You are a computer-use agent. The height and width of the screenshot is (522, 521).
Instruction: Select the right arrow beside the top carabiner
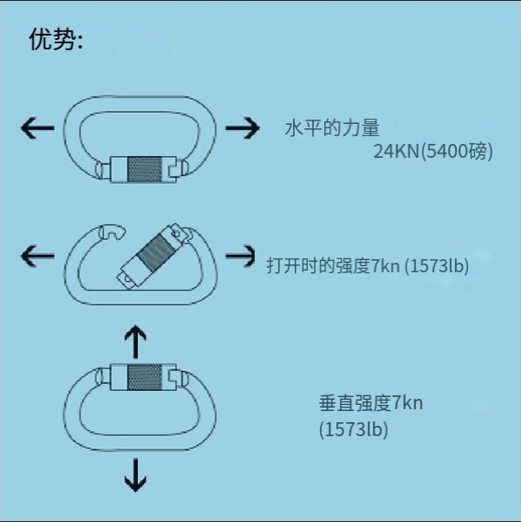pos(242,129)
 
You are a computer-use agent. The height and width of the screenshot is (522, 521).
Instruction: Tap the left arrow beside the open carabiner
pos(36,256)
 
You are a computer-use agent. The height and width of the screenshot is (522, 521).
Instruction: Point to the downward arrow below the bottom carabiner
pos(135,474)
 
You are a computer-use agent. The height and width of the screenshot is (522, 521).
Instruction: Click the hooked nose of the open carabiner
pos(112,232)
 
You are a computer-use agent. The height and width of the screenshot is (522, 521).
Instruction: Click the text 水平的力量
pos(332,129)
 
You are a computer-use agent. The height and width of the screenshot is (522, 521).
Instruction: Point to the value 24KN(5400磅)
pos(433,152)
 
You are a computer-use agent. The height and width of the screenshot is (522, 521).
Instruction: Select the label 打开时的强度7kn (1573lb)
pos(368,265)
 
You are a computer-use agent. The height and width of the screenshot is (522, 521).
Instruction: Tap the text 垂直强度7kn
pos(370,403)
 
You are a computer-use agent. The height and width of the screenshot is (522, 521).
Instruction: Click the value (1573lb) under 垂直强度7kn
pos(353,428)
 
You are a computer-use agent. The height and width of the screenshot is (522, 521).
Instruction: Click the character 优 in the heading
pos(40,41)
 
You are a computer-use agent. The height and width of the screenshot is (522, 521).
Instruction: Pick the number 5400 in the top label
pos(443,152)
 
